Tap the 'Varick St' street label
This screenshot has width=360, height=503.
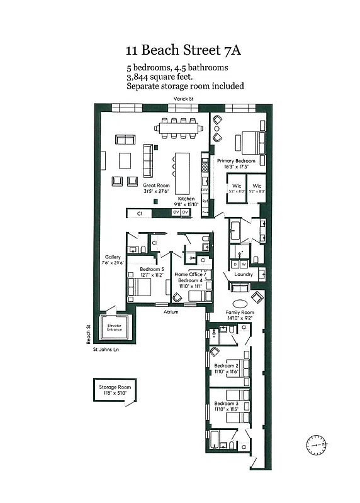(183, 99)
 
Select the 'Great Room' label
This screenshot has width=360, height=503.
(156, 185)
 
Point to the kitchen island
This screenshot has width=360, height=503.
(183, 173)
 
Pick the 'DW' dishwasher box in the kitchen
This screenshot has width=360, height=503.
(205, 189)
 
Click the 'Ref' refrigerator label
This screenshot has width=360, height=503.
(205, 201)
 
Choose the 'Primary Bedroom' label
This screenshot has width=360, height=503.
(236, 161)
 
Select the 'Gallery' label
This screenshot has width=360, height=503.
(113, 257)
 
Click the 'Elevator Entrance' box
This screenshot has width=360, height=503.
(115, 327)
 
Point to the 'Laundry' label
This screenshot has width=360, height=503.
(243, 275)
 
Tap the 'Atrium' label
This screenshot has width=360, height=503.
(171, 312)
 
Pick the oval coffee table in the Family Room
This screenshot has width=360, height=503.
(242, 302)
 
